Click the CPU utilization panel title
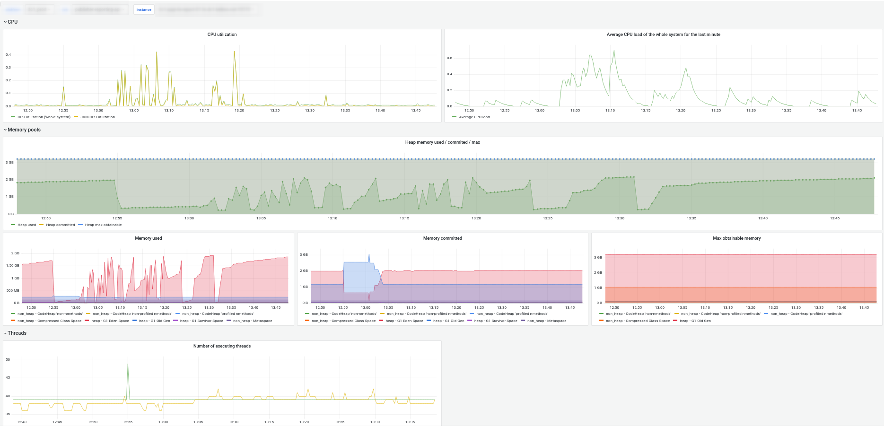222,35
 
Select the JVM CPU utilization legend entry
97,117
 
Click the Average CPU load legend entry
474,117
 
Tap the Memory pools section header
24,130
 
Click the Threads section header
17,333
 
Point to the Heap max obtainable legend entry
103,225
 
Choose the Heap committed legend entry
60,225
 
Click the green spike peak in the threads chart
128,364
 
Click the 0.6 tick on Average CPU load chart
449,58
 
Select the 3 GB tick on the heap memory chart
9,163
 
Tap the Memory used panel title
149,238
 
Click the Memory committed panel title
442,238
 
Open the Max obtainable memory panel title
736,238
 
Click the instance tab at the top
144,9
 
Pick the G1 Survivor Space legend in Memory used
201,321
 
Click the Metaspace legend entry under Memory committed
546,321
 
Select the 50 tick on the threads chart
8,360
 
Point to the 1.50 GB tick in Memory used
13,266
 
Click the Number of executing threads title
222,346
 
